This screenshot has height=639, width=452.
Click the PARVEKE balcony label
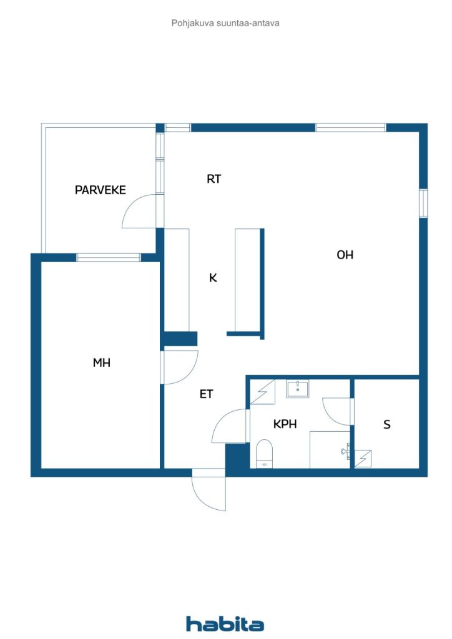coord(100,190)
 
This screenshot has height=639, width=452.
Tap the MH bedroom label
coord(102,363)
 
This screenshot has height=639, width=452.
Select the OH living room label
coord(345,255)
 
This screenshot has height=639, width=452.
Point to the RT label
coord(214,179)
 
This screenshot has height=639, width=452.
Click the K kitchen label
coord(213,278)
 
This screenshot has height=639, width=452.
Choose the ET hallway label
coord(207,394)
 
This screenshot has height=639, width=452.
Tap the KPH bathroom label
coord(285,424)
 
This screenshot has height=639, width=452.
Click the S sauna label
coord(387,425)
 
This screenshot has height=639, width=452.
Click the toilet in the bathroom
coord(265,452)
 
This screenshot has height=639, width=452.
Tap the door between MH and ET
coord(180,367)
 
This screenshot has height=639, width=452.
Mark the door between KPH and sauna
coord(337,412)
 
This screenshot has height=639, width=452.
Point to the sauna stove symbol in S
coord(363,459)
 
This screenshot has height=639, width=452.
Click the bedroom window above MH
coord(109,257)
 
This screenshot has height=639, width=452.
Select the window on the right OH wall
coord(423,203)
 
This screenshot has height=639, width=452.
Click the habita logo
coord(225,623)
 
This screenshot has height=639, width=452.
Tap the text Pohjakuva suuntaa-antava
coord(225,23)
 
